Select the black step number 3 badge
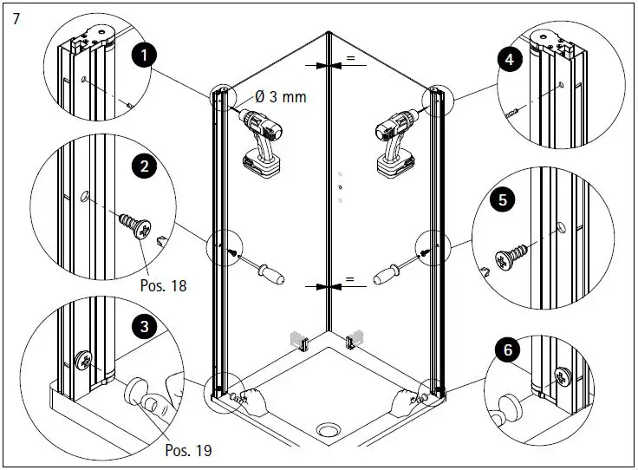tap(143, 327)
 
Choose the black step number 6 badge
tap(506, 350)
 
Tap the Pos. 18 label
tap(162, 284)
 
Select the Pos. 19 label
tap(187, 450)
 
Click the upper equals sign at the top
tap(350, 58)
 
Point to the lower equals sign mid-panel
tap(350, 279)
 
